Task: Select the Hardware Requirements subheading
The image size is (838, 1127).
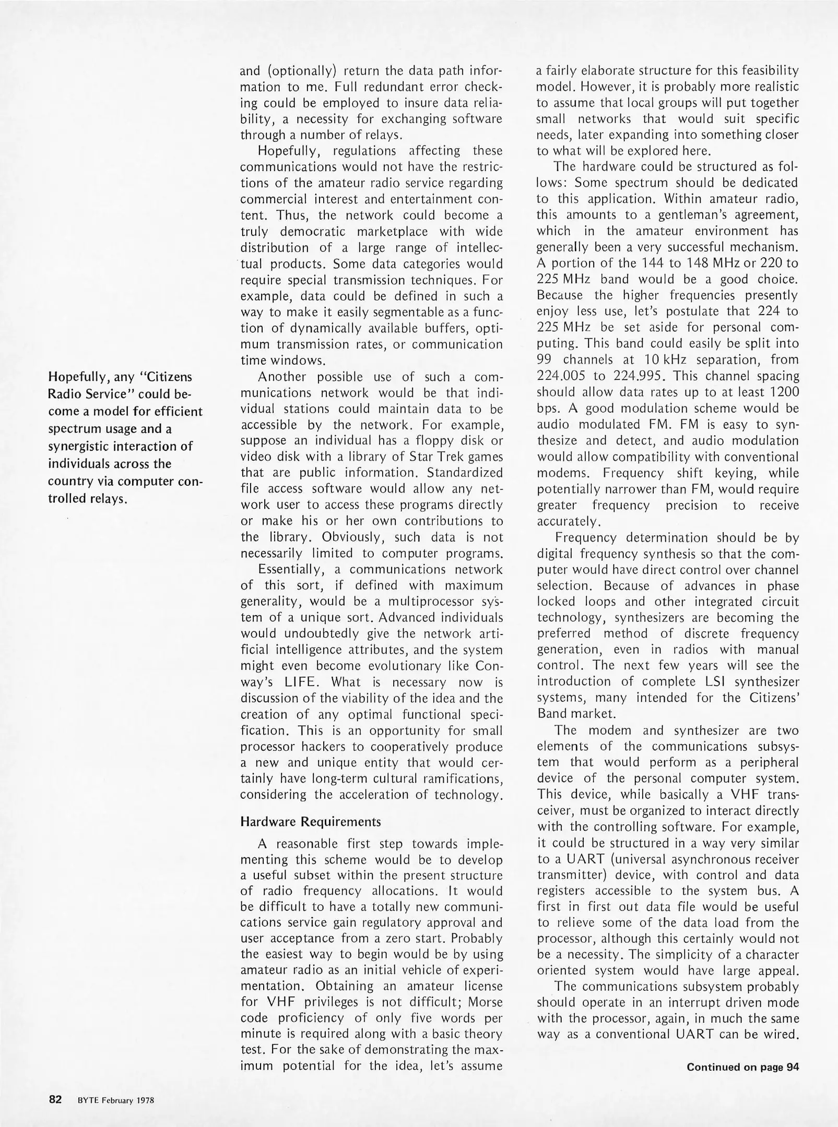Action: pos(310,822)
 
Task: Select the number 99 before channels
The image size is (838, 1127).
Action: pos(545,359)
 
